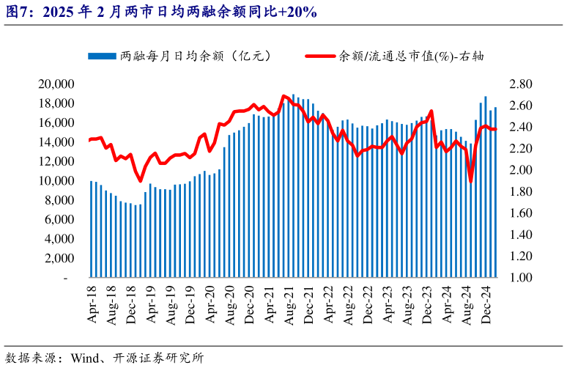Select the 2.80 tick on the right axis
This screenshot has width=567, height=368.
(x=519, y=84)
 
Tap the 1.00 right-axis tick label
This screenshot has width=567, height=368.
(x=519, y=279)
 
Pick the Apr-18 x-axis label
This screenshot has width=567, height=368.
(x=92, y=300)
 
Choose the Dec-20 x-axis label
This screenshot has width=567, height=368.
(x=249, y=300)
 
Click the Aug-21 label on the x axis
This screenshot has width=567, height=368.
(x=289, y=300)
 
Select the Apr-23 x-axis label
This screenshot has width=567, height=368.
(x=388, y=300)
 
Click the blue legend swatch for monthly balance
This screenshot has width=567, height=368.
(x=102, y=56)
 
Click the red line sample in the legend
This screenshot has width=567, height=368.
(x=316, y=56)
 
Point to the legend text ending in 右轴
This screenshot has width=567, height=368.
(x=410, y=56)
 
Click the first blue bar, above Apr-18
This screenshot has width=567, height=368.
(x=92, y=229)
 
